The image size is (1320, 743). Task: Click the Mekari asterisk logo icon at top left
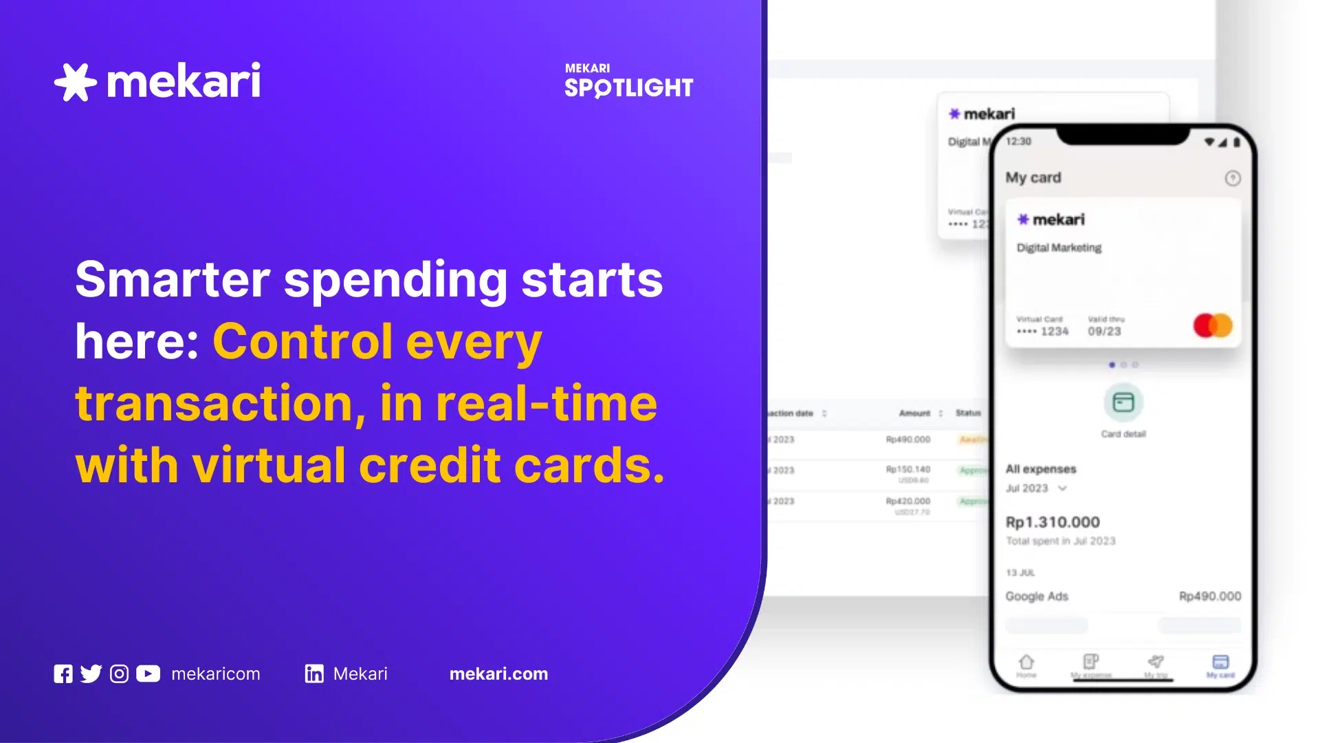click(x=75, y=82)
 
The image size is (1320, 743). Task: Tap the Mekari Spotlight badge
click(x=628, y=81)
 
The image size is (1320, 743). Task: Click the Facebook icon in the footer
click(x=63, y=674)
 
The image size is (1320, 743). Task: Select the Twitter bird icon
click(x=91, y=674)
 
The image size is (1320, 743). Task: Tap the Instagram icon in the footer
click(x=119, y=674)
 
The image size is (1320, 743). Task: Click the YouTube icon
click(x=148, y=674)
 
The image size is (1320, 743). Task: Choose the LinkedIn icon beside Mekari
click(x=314, y=674)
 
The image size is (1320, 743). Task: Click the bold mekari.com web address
click(x=498, y=674)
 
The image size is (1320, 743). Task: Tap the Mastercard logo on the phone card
click(x=1213, y=325)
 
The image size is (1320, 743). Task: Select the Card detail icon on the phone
click(x=1123, y=402)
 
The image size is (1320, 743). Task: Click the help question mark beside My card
click(x=1233, y=179)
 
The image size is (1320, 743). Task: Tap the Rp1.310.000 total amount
click(x=1053, y=522)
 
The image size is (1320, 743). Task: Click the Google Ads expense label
click(x=1037, y=596)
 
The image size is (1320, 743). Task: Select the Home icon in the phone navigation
click(x=1026, y=663)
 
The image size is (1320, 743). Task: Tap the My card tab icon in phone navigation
click(x=1220, y=663)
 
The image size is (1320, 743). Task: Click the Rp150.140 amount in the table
click(x=907, y=470)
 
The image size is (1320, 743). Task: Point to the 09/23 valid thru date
click(x=1104, y=332)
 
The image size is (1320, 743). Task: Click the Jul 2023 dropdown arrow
click(x=1062, y=488)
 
